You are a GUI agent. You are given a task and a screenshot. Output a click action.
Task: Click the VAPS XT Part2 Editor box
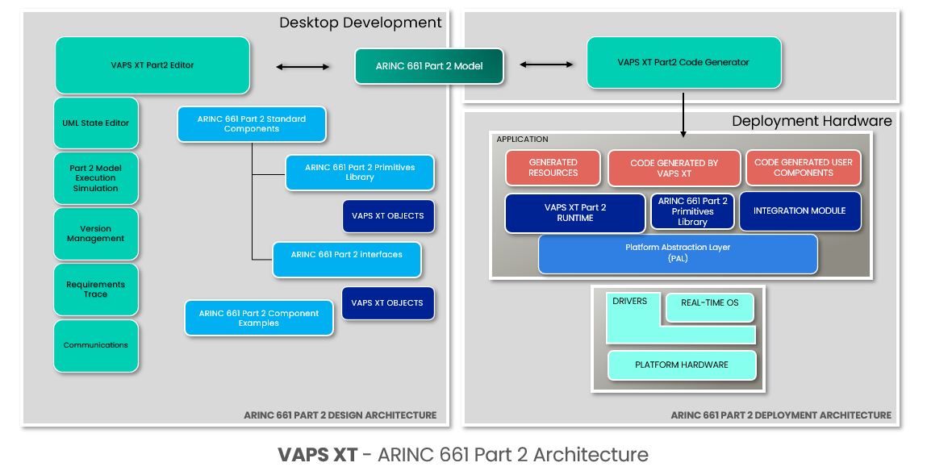[x=152, y=65]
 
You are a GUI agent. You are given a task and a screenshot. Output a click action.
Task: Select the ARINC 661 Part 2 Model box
[x=429, y=66]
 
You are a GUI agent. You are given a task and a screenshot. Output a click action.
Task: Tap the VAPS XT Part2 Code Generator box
[x=683, y=62]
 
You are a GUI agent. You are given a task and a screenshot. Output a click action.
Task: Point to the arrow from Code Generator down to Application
[x=683, y=114]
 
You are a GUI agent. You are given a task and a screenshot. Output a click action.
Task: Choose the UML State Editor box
[x=96, y=123]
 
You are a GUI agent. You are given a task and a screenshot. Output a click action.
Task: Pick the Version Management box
[x=96, y=234]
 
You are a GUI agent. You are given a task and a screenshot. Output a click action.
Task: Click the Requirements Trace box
[x=96, y=290]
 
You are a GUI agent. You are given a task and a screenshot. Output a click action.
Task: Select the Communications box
[x=96, y=345]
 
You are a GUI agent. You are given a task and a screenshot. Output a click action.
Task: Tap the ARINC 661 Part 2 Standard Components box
[x=252, y=124]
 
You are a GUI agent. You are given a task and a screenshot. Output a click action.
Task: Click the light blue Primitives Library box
[x=360, y=173]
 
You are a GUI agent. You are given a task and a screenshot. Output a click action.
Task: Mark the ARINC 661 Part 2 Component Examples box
[x=259, y=319]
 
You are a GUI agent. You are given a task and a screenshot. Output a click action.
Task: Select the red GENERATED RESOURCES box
[x=553, y=168]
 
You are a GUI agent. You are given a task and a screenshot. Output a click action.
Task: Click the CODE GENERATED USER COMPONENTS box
[x=803, y=168]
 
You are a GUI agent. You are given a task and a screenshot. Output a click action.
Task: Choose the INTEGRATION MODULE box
[x=800, y=210]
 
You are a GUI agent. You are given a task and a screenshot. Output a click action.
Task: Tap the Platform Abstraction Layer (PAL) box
[x=678, y=253]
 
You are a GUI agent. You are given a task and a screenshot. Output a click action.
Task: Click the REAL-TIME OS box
[x=709, y=303]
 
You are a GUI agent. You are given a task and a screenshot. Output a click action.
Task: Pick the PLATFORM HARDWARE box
[x=682, y=365]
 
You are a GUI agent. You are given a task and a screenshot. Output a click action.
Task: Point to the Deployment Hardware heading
[x=811, y=121]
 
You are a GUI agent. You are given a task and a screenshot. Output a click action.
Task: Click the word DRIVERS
[x=630, y=302]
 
